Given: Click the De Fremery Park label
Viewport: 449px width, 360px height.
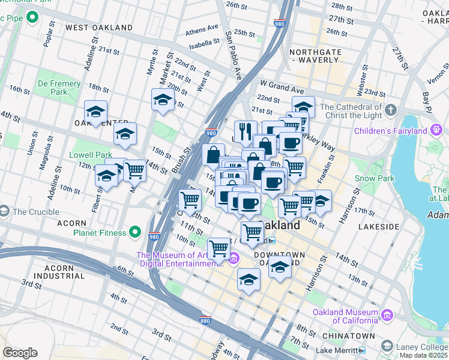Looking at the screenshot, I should point(51,88).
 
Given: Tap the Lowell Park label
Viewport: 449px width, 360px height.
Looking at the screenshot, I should point(91,155).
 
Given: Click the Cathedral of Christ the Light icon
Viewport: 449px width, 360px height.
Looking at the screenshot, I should point(391,110).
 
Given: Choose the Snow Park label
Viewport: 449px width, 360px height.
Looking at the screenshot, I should point(373,178).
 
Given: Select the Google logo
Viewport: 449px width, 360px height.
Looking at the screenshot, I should point(20,352).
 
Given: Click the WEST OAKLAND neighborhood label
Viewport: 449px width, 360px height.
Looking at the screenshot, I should point(99,28).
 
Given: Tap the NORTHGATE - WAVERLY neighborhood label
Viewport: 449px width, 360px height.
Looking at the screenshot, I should point(316,56).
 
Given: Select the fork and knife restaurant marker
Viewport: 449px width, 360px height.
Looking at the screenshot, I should point(246,130).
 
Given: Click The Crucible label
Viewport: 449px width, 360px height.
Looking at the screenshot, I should point(35,212).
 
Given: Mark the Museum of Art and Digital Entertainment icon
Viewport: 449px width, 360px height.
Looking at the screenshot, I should point(234,259).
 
